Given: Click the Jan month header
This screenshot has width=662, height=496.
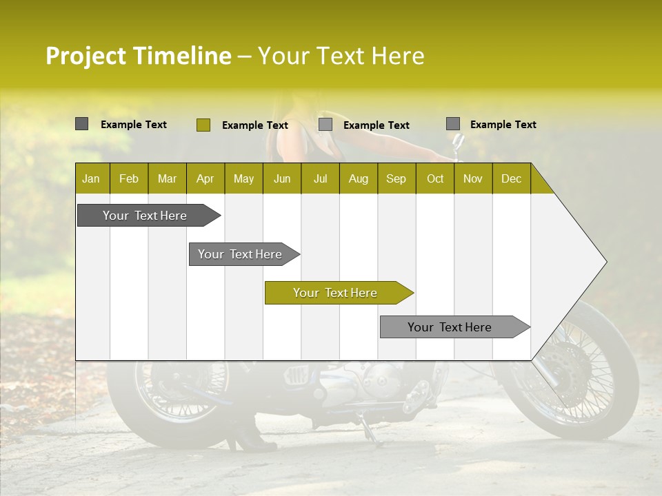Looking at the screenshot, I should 92,178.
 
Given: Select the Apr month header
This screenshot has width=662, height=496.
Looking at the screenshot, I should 205,178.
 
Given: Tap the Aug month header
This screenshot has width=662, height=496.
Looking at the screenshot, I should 359,178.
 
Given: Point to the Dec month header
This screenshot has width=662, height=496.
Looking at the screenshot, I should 511,178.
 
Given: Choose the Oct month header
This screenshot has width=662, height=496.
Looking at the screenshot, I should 435,178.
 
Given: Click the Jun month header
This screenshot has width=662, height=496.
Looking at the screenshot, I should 282,178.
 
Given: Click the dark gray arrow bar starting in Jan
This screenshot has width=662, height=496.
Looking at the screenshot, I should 146,216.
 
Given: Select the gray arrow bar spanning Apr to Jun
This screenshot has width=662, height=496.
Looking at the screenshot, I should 241,254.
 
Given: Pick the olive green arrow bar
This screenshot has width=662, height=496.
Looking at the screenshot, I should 336,293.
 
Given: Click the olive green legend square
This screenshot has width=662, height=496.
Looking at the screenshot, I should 203,125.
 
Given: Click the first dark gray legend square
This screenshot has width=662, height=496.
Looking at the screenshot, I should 81,124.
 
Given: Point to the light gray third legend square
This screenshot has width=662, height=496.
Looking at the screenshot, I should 325,125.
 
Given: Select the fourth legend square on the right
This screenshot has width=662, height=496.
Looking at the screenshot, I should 452,124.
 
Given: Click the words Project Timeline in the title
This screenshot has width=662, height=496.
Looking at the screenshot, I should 138,56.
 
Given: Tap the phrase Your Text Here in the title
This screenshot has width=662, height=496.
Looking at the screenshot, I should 341,56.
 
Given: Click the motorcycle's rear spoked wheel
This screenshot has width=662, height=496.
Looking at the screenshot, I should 179,393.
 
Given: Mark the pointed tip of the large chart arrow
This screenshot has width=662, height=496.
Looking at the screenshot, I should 605,262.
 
